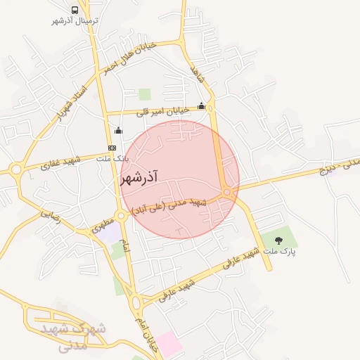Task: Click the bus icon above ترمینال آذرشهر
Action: (x=75, y=11)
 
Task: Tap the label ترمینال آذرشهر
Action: (x=75, y=21)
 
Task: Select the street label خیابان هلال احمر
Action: (x=139, y=57)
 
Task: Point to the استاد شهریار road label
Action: (x=68, y=104)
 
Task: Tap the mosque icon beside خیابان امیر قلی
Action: (x=202, y=106)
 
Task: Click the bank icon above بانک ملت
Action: (x=112, y=148)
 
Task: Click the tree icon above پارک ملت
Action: (x=279, y=240)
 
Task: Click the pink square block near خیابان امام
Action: (x=168, y=343)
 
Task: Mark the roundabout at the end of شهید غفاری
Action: (x=16, y=169)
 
